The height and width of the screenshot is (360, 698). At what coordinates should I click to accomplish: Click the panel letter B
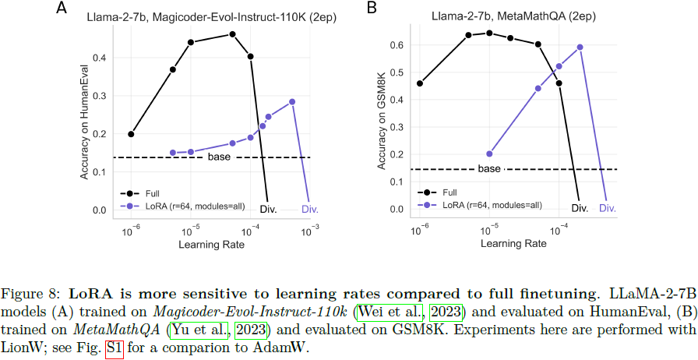(x=372, y=10)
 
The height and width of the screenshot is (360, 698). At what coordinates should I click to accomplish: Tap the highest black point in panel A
(x=232, y=34)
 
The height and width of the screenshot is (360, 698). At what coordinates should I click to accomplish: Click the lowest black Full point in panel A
(x=131, y=134)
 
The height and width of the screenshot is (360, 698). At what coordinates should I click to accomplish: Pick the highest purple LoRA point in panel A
(x=292, y=101)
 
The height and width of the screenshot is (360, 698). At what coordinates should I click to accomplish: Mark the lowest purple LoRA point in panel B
(x=489, y=154)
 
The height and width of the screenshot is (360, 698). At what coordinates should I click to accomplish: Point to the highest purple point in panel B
(x=580, y=47)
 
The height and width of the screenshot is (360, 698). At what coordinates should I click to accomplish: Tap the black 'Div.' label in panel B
(x=580, y=208)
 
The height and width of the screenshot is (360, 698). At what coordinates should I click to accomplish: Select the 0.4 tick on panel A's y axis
(x=99, y=58)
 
